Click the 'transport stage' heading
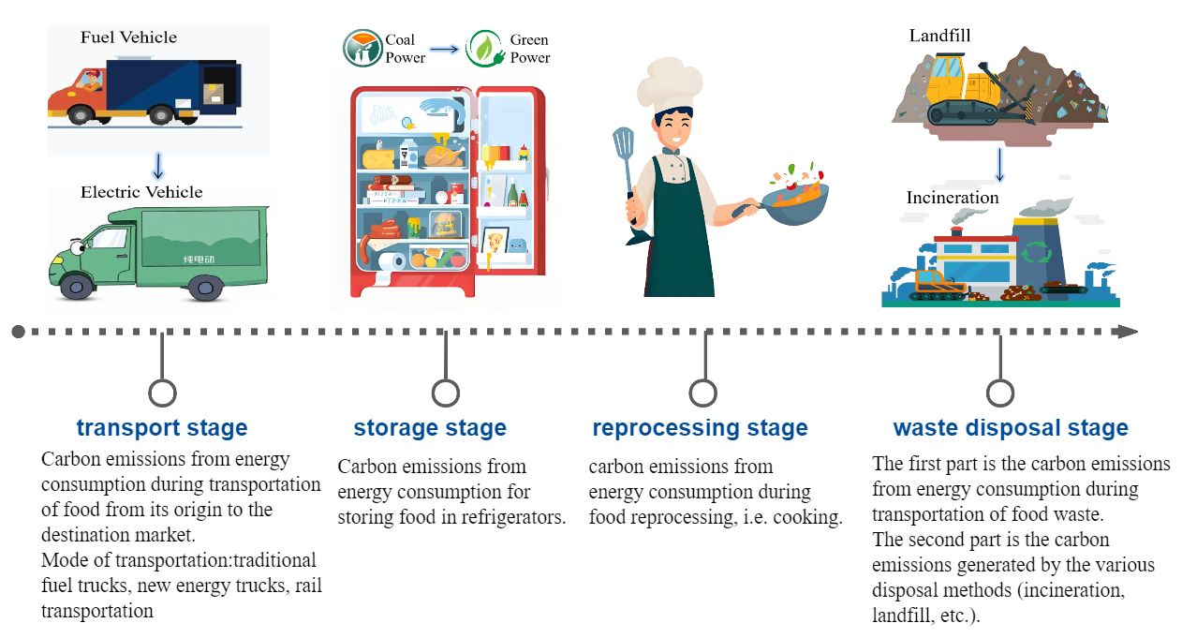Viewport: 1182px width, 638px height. (x=162, y=428)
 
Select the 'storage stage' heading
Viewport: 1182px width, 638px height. (x=430, y=428)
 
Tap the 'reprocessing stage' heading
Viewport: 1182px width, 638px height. (x=700, y=428)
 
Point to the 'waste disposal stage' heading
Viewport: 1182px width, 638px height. (x=1011, y=428)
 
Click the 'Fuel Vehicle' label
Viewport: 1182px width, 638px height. (x=128, y=37)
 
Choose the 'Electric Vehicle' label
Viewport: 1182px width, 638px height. (x=141, y=192)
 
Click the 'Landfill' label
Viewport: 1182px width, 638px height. (x=939, y=36)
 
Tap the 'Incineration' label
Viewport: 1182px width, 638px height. (x=953, y=198)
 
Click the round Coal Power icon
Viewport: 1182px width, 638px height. (x=362, y=49)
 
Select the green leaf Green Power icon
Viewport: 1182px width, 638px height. (x=485, y=49)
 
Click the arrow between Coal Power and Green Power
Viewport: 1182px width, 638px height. (x=445, y=49)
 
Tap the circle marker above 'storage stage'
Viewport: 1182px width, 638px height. (x=446, y=393)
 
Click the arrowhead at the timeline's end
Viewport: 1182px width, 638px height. (x=1128, y=332)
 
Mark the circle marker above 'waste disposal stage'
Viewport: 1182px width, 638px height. (x=1000, y=393)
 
